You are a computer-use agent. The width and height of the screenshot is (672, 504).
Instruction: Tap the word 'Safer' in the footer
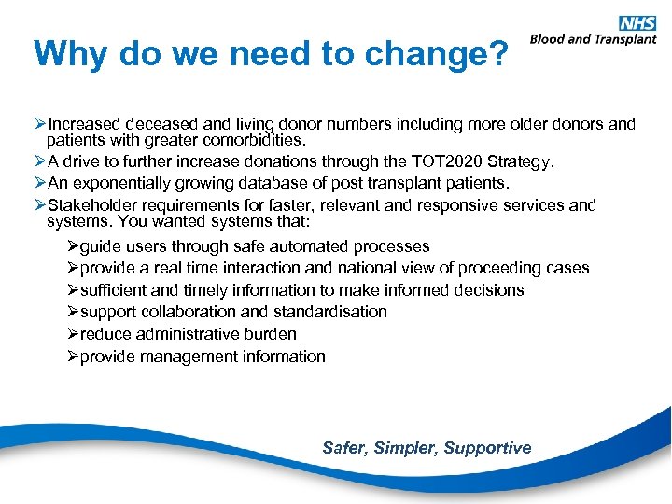pyautogui.click(x=343, y=448)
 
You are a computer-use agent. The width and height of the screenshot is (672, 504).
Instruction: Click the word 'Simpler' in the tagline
pyautogui.click(x=405, y=448)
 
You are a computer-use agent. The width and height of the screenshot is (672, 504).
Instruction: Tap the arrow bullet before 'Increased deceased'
pyautogui.click(x=40, y=124)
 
